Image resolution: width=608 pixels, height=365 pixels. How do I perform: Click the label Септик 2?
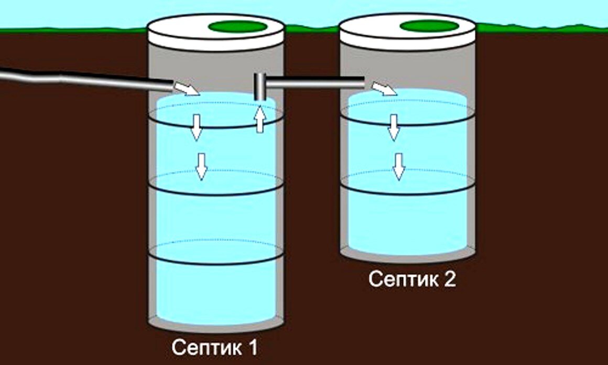coord(412,279)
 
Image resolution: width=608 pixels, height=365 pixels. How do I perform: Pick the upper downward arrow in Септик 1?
coord(196,128)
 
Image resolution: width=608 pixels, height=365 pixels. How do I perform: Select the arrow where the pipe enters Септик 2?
coord(384,89)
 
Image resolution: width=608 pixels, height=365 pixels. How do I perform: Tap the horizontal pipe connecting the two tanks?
coord(314,81)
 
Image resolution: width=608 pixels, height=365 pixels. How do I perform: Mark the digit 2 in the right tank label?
coord(450,279)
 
